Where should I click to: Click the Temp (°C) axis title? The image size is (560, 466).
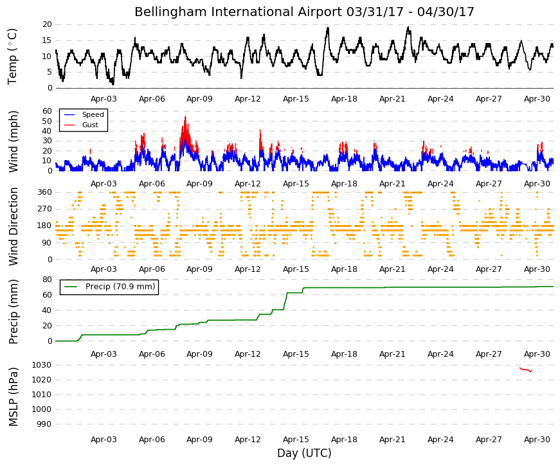click(12, 57)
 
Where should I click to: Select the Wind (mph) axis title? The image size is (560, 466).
click(14, 141)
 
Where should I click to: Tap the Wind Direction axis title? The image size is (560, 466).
click(14, 227)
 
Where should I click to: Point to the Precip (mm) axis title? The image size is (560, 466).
click(14, 312)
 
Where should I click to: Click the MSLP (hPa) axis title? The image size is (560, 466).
click(14, 397)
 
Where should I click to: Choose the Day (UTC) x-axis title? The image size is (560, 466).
click(304, 453)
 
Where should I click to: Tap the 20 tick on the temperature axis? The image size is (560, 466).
click(47, 24)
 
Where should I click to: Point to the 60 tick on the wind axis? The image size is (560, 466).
click(47, 111)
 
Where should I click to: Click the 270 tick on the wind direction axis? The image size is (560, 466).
click(44, 209)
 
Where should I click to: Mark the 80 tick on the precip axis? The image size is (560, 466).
click(47, 279)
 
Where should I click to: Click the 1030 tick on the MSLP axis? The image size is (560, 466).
click(41, 365)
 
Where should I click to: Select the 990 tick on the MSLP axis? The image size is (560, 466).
click(44, 424)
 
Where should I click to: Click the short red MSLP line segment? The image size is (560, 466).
click(526, 370)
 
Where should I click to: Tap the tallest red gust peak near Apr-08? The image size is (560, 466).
click(185, 117)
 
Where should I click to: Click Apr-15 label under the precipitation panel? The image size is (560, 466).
click(296, 354)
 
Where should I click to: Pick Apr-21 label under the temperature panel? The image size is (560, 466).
click(392, 99)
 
